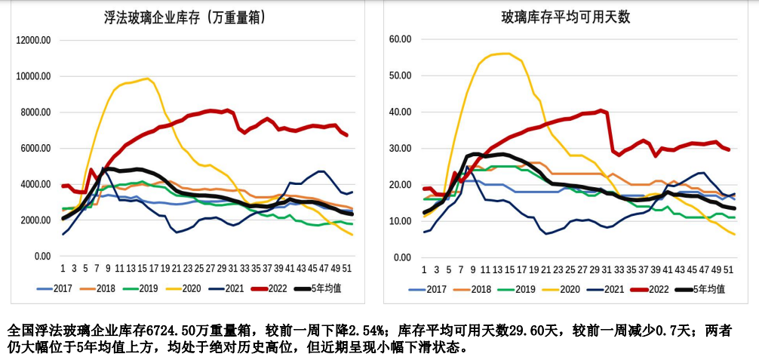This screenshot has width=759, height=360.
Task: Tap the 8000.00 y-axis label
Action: click(35, 112)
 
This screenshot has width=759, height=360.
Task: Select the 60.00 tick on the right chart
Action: click(399, 39)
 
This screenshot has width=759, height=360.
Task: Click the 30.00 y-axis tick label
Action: click(399, 149)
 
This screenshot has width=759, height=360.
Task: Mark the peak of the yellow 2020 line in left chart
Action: click(146, 78)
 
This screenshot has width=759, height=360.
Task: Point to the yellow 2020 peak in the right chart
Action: click(507, 54)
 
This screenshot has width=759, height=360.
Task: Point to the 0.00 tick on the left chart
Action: click(41, 257)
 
